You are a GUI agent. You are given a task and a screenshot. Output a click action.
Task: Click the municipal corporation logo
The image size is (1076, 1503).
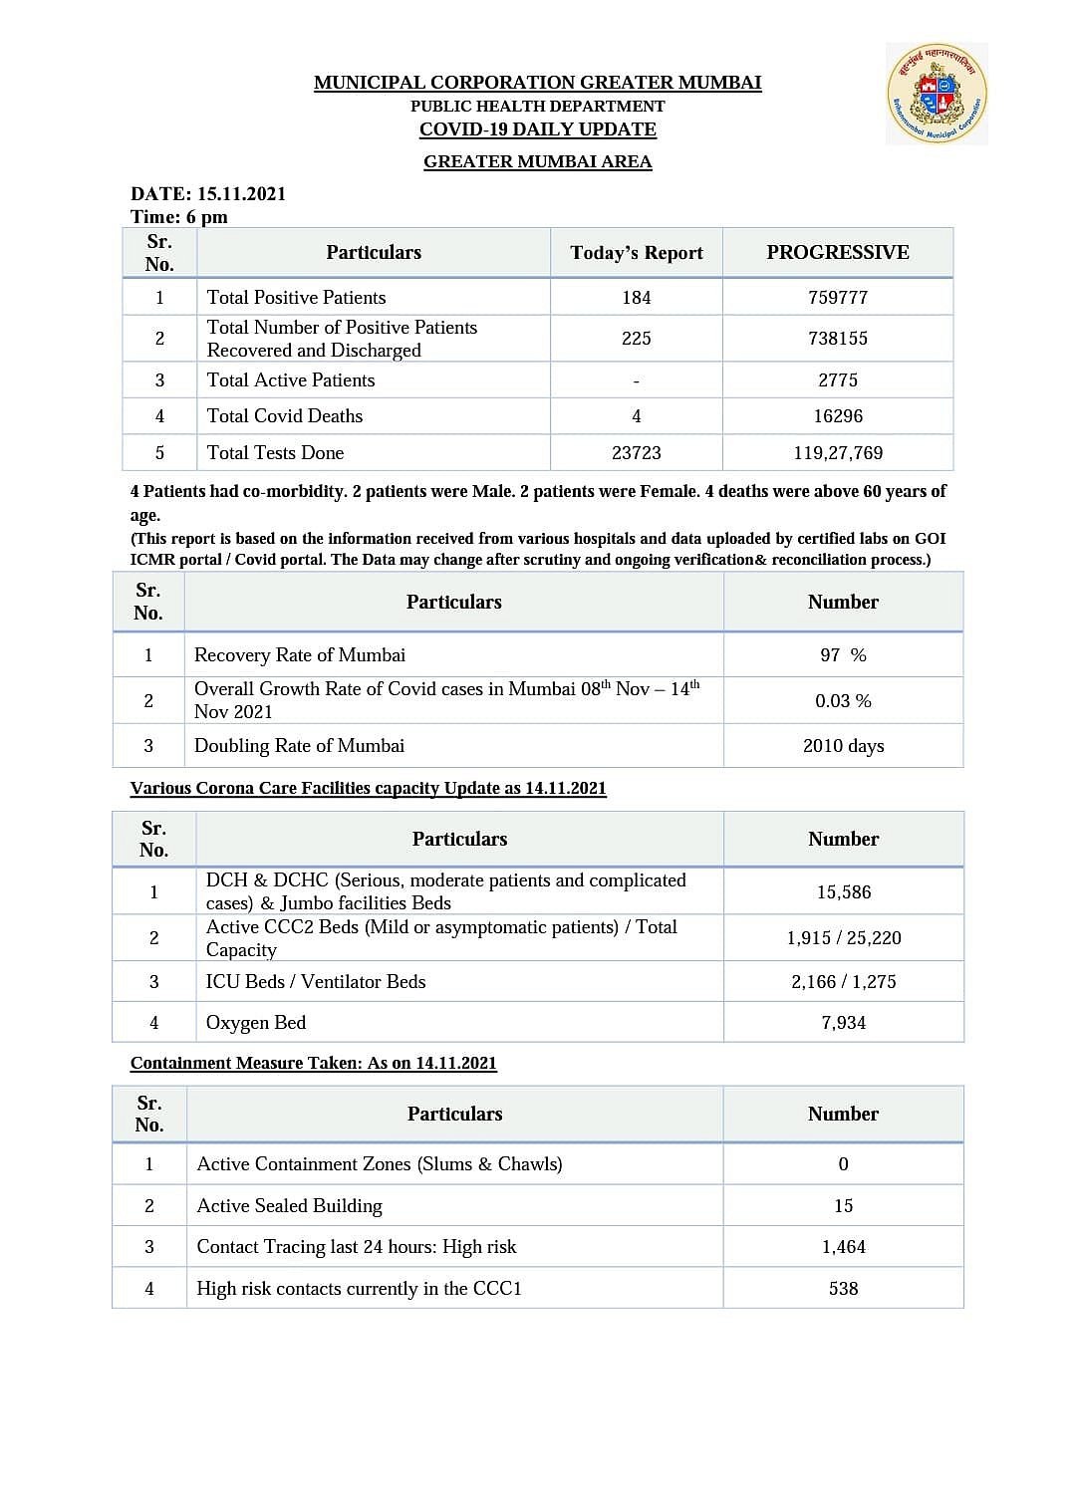click(x=937, y=95)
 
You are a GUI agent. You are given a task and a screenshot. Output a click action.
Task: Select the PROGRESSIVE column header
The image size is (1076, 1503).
click(x=838, y=253)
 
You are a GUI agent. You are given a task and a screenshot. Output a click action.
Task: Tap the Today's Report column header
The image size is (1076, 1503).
click(x=637, y=253)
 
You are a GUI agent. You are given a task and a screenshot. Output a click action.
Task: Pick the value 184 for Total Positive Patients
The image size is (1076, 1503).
click(x=637, y=298)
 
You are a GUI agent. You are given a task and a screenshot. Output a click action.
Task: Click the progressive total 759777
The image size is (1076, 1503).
click(x=838, y=298)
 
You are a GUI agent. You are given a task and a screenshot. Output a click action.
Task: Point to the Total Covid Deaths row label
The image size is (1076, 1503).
click(x=285, y=416)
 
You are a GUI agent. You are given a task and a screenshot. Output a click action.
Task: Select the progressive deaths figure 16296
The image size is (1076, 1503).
click(x=838, y=416)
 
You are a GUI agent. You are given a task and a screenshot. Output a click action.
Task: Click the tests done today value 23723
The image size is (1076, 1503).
click(x=637, y=453)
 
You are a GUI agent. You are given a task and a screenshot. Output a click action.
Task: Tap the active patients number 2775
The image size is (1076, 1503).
click(x=838, y=380)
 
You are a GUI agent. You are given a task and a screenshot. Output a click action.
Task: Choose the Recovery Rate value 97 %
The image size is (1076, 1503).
click(x=843, y=655)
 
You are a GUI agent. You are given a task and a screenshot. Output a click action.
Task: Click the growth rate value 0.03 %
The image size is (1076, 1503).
click(x=843, y=701)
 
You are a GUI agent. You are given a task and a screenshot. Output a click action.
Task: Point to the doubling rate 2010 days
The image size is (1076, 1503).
click(x=843, y=746)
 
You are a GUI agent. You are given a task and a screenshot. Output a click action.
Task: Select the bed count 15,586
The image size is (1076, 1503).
click(x=844, y=892)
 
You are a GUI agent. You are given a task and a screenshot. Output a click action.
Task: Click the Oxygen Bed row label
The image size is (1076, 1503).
click(x=256, y=1023)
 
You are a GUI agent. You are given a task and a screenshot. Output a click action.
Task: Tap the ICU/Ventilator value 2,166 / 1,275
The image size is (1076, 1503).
click(x=844, y=982)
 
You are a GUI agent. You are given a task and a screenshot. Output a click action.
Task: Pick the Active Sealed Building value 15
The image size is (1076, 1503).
click(x=843, y=1206)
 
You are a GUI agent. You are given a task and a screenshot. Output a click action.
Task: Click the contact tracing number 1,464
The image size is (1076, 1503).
click(x=843, y=1247)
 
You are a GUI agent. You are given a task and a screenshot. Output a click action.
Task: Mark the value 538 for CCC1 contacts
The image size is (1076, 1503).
click(x=843, y=1289)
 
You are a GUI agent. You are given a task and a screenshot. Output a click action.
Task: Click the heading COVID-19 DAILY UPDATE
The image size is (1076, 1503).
click(x=538, y=129)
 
